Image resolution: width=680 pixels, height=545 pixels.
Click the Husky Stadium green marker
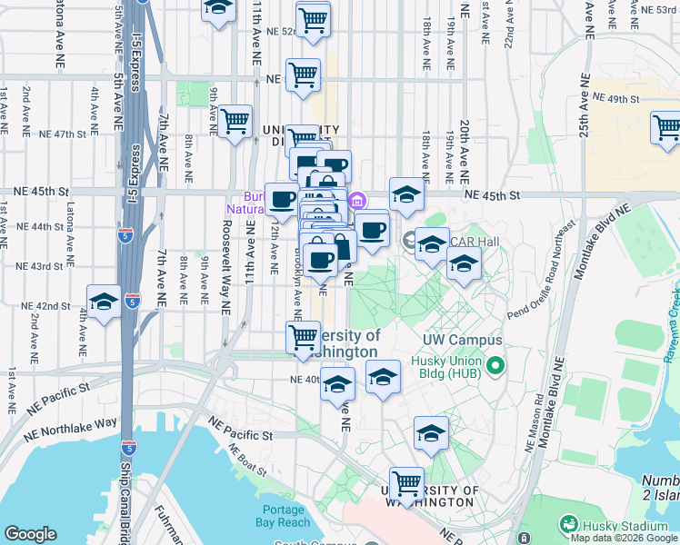tap(568, 524)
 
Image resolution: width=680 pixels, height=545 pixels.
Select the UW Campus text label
tap(463, 340)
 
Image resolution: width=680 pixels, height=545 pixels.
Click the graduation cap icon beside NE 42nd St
tap(105, 302)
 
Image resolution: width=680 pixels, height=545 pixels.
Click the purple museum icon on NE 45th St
tap(358, 200)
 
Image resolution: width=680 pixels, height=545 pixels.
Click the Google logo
tap(30, 534)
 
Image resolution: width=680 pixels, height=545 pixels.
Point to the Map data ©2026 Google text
tap(624, 538)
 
